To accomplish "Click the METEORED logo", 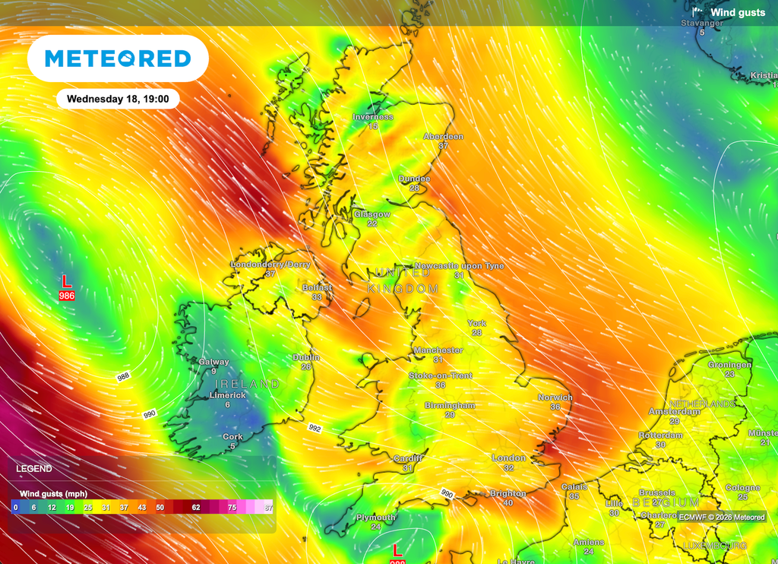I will point(118,59).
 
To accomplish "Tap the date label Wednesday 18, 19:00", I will point(118,99).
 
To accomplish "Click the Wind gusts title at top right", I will point(738,12).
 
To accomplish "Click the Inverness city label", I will point(373,117).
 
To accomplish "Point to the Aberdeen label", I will point(443,137).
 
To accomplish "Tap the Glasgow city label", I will point(372,214).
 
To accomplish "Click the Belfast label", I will point(317,288).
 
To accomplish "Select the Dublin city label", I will point(306,357).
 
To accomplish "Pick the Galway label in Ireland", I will point(213,362).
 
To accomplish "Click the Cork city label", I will point(232,437).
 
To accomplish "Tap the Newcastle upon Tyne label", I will point(459,266).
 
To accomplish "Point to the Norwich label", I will point(555,398).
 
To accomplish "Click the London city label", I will point(508,458).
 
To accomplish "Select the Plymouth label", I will point(376,518).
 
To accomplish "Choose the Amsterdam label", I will point(675,411).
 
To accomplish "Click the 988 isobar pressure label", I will point(123,377).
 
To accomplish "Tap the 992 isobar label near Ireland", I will point(315,428).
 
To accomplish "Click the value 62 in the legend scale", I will point(195,506).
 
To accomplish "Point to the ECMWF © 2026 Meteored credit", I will point(722,518).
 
